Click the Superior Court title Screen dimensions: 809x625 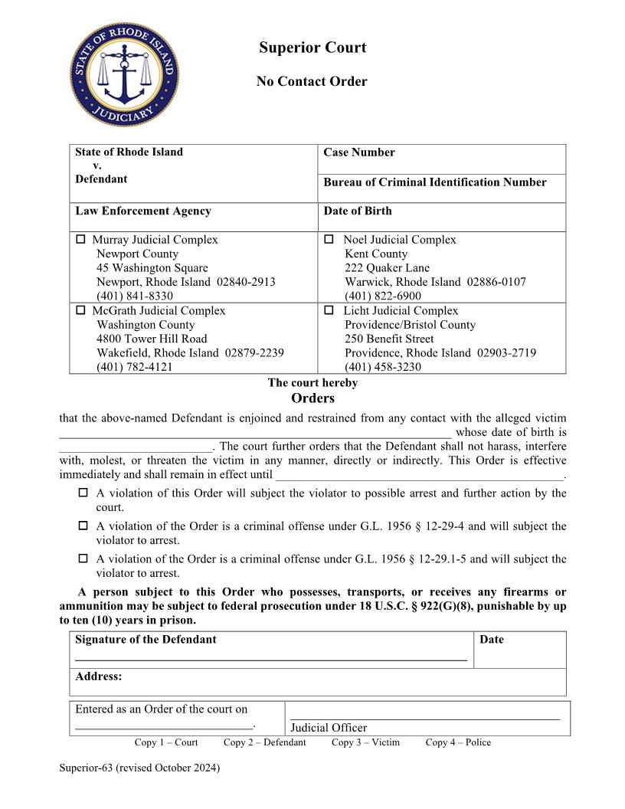pyautogui.click(x=312, y=47)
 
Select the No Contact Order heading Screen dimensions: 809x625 pyautogui.click(x=312, y=81)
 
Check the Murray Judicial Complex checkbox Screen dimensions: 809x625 pyautogui.click(x=81, y=240)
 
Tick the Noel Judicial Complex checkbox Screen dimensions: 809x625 pyautogui.click(x=329, y=240)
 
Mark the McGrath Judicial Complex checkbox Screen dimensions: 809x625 pyautogui.click(x=81, y=311)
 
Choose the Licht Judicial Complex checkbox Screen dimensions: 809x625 pyautogui.click(x=329, y=311)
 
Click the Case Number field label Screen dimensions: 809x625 pyautogui.click(x=358, y=152)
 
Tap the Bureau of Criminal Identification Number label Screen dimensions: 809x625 pyautogui.click(x=434, y=182)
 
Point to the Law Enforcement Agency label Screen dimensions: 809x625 pyautogui.click(x=142, y=211)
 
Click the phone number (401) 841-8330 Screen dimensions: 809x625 pyautogui.click(x=134, y=296)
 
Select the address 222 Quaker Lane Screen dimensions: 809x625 pyautogui.click(x=387, y=268)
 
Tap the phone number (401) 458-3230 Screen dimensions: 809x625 pyautogui.click(x=382, y=367)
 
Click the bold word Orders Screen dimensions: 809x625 pyautogui.click(x=312, y=398)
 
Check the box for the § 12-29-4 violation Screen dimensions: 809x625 pyautogui.click(x=83, y=526)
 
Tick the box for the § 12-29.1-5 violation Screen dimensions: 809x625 pyautogui.click(x=83, y=559)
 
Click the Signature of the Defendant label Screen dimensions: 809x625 pyautogui.click(x=146, y=640)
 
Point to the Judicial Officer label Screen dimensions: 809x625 pyautogui.click(x=329, y=728)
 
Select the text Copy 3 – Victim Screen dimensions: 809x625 pyautogui.click(x=365, y=742)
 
